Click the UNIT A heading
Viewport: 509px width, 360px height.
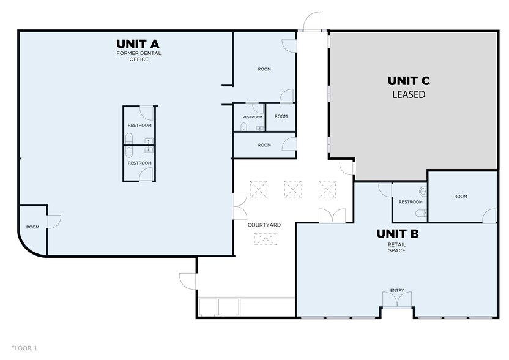[x=138, y=44]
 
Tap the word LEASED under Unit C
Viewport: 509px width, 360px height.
[x=409, y=94]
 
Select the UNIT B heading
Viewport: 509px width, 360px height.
[x=397, y=234]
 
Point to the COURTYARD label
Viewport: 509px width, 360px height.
[x=264, y=225]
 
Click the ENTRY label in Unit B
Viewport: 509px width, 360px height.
[x=397, y=290]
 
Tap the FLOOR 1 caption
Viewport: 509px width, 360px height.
[x=24, y=348]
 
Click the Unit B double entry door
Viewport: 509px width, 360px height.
[x=397, y=299]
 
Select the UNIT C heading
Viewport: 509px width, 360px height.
[x=409, y=81]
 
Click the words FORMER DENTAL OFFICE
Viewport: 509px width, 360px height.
[x=139, y=56]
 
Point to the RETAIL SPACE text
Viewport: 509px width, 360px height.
[x=397, y=247]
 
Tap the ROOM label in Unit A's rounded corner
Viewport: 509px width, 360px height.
[x=33, y=227]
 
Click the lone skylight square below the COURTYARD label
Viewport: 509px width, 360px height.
[x=266, y=239]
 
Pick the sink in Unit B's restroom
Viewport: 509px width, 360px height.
[x=423, y=192]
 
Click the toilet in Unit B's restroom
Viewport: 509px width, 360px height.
[x=422, y=214]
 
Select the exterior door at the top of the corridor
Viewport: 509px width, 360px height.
[x=312, y=22]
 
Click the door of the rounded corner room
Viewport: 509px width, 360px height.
[x=54, y=222]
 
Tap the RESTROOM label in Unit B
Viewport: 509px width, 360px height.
[x=411, y=202]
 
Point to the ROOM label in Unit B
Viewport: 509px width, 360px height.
[x=461, y=197]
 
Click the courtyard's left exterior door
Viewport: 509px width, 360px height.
[x=188, y=281]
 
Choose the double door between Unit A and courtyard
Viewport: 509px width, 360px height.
[x=240, y=206]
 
